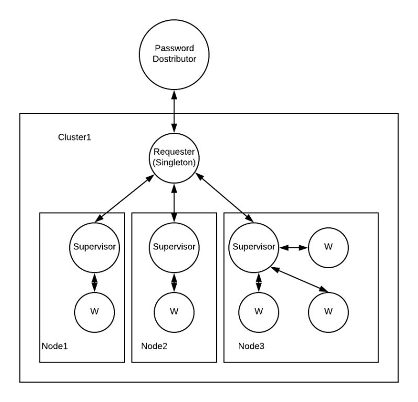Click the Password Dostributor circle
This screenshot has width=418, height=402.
click(x=173, y=54)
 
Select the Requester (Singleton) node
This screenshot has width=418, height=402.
click(x=173, y=157)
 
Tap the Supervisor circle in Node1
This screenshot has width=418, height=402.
click(x=94, y=246)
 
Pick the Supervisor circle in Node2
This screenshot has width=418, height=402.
click(x=173, y=246)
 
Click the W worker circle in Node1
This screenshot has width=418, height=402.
click(x=94, y=311)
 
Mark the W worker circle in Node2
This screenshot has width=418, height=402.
click(x=173, y=311)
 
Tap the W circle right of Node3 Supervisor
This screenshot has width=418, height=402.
click(x=328, y=246)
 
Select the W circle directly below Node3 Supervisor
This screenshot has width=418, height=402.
click(x=258, y=311)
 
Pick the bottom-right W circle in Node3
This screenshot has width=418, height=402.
click(x=328, y=311)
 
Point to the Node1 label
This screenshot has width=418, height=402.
click(x=54, y=346)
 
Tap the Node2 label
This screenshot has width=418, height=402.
click(x=155, y=346)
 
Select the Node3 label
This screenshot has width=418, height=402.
click(x=251, y=346)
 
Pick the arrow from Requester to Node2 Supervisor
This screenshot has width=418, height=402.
click(x=173, y=201)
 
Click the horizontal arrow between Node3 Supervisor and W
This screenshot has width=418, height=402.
click(x=291, y=246)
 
